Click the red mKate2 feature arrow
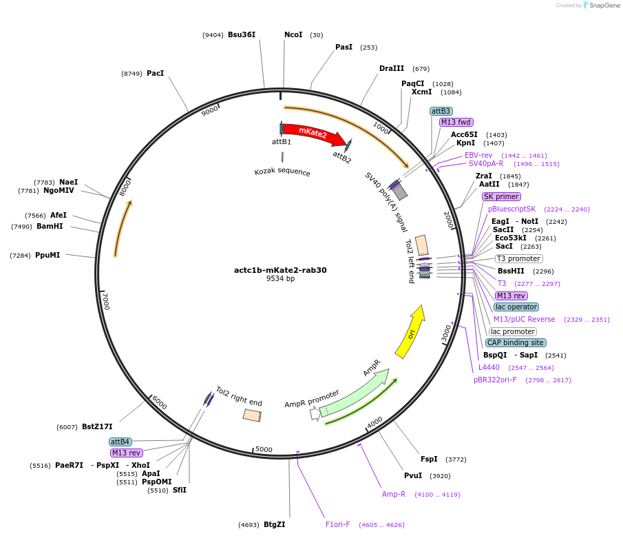pyautogui.click(x=311, y=134)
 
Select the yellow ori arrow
pyautogui.click(x=410, y=333)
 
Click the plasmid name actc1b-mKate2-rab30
pyautogui.click(x=280, y=270)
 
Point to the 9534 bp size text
pyautogui.click(x=280, y=279)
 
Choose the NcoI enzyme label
pyautogui.click(x=293, y=34)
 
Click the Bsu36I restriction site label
pyautogui.click(x=242, y=34)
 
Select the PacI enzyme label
pyautogui.click(x=155, y=73)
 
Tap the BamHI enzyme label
pyautogui.click(x=50, y=226)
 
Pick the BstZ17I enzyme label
pyautogui.click(x=97, y=427)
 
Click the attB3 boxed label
pyautogui.click(x=441, y=111)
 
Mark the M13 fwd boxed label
pyautogui.click(x=456, y=122)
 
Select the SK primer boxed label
pyautogui.click(x=501, y=196)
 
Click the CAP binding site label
pyautogui.click(x=516, y=342)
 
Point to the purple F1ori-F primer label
pyautogui.click(x=338, y=524)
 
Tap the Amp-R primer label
pyautogui.click(x=394, y=494)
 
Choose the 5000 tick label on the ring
pyautogui.click(x=264, y=450)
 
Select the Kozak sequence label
pyautogui.click(x=282, y=172)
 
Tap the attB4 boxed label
pyautogui.click(x=120, y=442)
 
